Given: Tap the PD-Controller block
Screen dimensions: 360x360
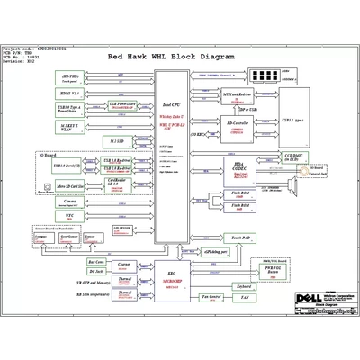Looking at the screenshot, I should pos(237,125).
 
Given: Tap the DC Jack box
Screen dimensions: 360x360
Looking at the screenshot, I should pos(96,271).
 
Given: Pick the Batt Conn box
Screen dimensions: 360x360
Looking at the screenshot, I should pos(96,259).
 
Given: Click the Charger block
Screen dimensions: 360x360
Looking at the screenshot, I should pos(126,265).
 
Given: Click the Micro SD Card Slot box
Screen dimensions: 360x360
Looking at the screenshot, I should pos(69,185).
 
